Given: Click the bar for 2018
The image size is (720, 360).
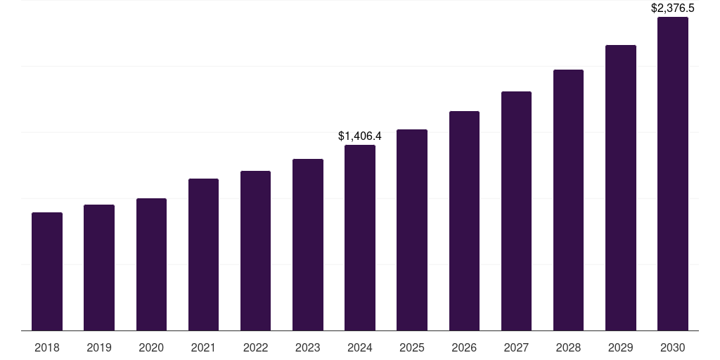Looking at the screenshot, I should tap(47, 271).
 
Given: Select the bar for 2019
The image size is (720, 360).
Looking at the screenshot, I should tap(99, 267).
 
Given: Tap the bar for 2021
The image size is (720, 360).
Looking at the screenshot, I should tap(203, 255).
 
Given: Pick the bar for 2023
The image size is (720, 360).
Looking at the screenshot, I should tap(308, 245).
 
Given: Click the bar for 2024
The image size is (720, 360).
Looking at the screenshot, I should tap(360, 238).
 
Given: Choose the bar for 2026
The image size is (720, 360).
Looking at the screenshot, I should tap(464, 221).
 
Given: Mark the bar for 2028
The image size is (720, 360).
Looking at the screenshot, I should tap(568, 200).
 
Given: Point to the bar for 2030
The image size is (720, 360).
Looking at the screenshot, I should tap(673, 174).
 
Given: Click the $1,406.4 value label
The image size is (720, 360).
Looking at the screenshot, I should tap(360, 136).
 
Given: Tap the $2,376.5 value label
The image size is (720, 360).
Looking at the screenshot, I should tap(673, 8).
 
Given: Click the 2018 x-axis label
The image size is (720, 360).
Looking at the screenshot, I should tap(47, 347).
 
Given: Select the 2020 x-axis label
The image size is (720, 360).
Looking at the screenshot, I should tap(151, 347).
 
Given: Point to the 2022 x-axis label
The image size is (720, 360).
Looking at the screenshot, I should tap(255, 347).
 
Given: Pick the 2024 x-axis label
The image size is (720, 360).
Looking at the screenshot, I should tap(360, 347).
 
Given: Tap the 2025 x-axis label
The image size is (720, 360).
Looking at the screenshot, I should tap(412, 347).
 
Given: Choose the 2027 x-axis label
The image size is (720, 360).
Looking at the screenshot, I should tap(516, 347).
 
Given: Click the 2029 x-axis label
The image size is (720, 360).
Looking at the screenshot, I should tap(621, 347).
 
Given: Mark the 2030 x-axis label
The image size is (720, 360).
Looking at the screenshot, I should tap(673, 347).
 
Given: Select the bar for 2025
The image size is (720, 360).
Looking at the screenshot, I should tap(412, 230).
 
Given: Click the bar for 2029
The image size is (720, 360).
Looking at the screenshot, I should tap(621, 188).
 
